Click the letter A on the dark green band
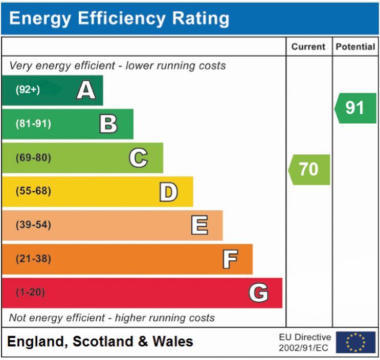tap(85, 91)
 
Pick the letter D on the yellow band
tap(169, 192)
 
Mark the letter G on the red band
tap(258, 293)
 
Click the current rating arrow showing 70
tap(309, 169)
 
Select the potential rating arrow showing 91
tap(355, 108)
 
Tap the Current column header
tap(309, 47)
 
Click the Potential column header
tap(355, 47)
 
